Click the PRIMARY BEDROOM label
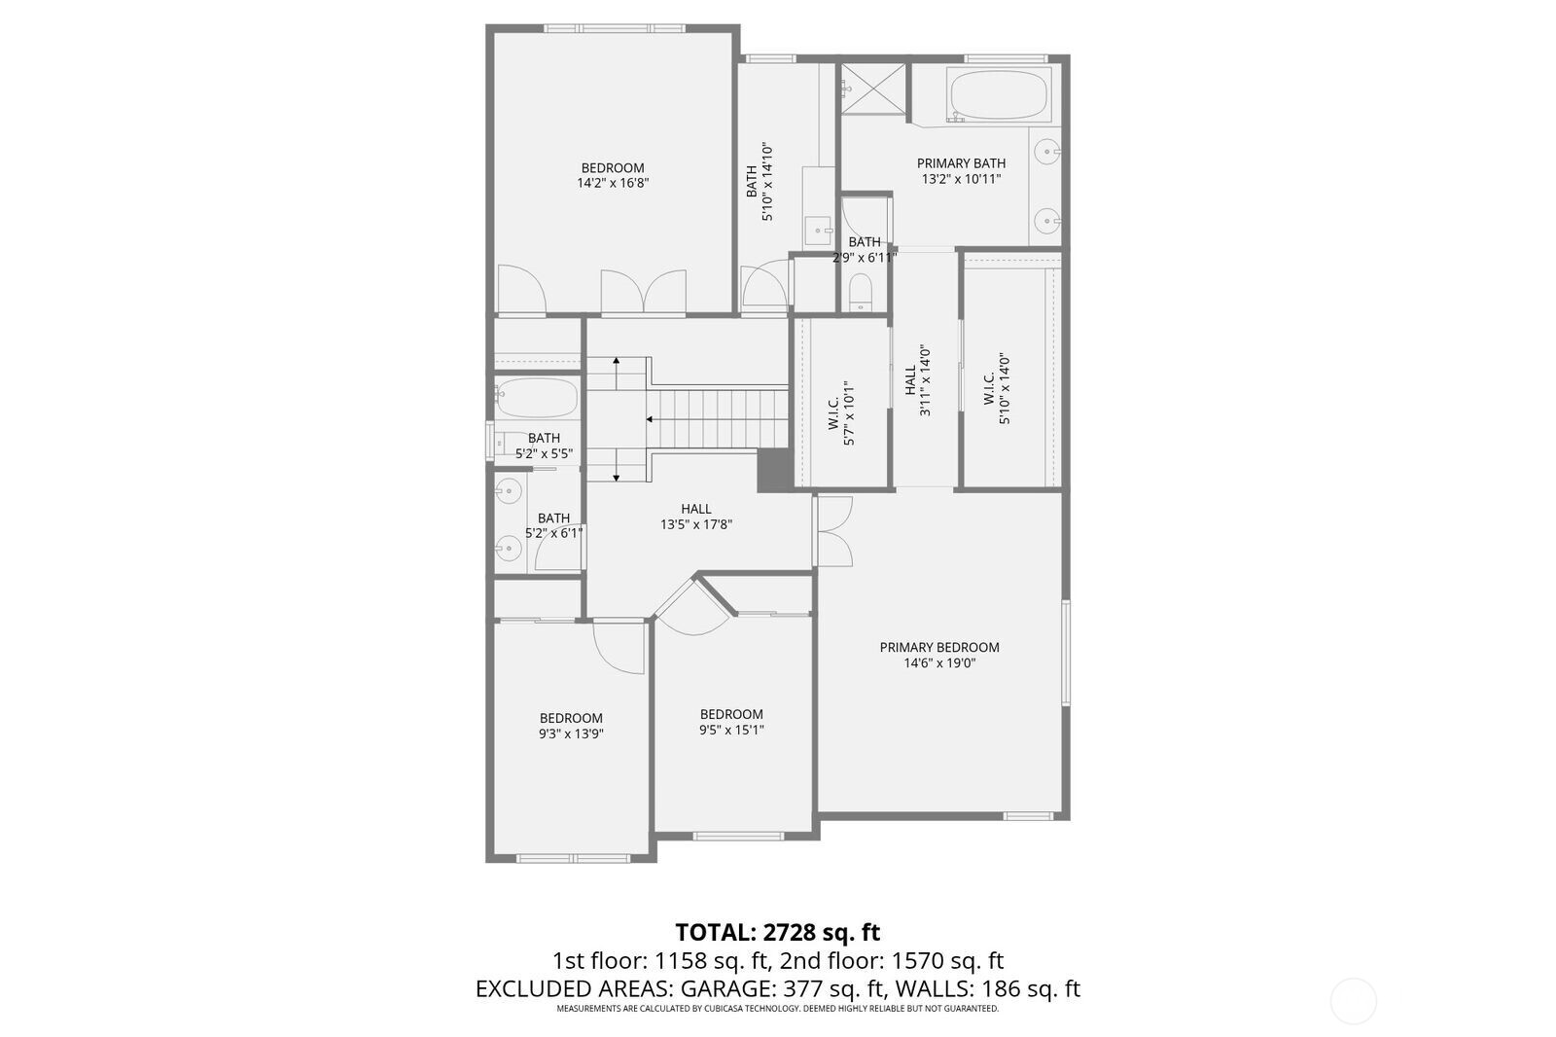tap(939, 647)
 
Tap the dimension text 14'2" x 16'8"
tap(613, 183)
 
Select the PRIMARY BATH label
tap(961, 163)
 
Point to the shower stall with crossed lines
tap(872, 90)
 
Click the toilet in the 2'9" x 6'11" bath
tap(862, 290)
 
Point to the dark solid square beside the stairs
tap(774, 470)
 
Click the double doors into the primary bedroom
tap(834, 531)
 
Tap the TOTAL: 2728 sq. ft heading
tap(777, 932)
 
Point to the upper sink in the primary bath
tap(1047, 151)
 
